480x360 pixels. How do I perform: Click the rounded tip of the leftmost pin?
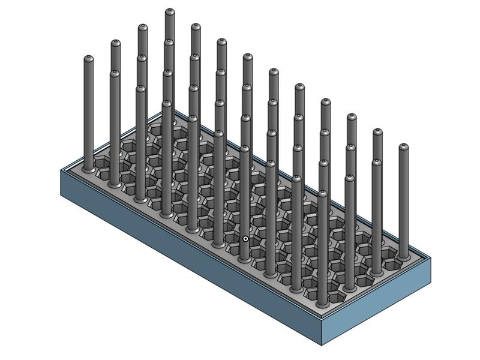89,59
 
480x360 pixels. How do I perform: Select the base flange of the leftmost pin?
89,170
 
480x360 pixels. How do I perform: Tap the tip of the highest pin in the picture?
170,12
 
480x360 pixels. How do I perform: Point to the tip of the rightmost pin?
403,147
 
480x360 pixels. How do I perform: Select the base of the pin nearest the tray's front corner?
323,305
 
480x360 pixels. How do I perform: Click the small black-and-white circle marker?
245,239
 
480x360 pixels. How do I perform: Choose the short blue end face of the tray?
378,303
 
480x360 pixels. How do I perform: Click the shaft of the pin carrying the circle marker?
245,198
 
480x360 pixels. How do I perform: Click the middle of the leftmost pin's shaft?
89,114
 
